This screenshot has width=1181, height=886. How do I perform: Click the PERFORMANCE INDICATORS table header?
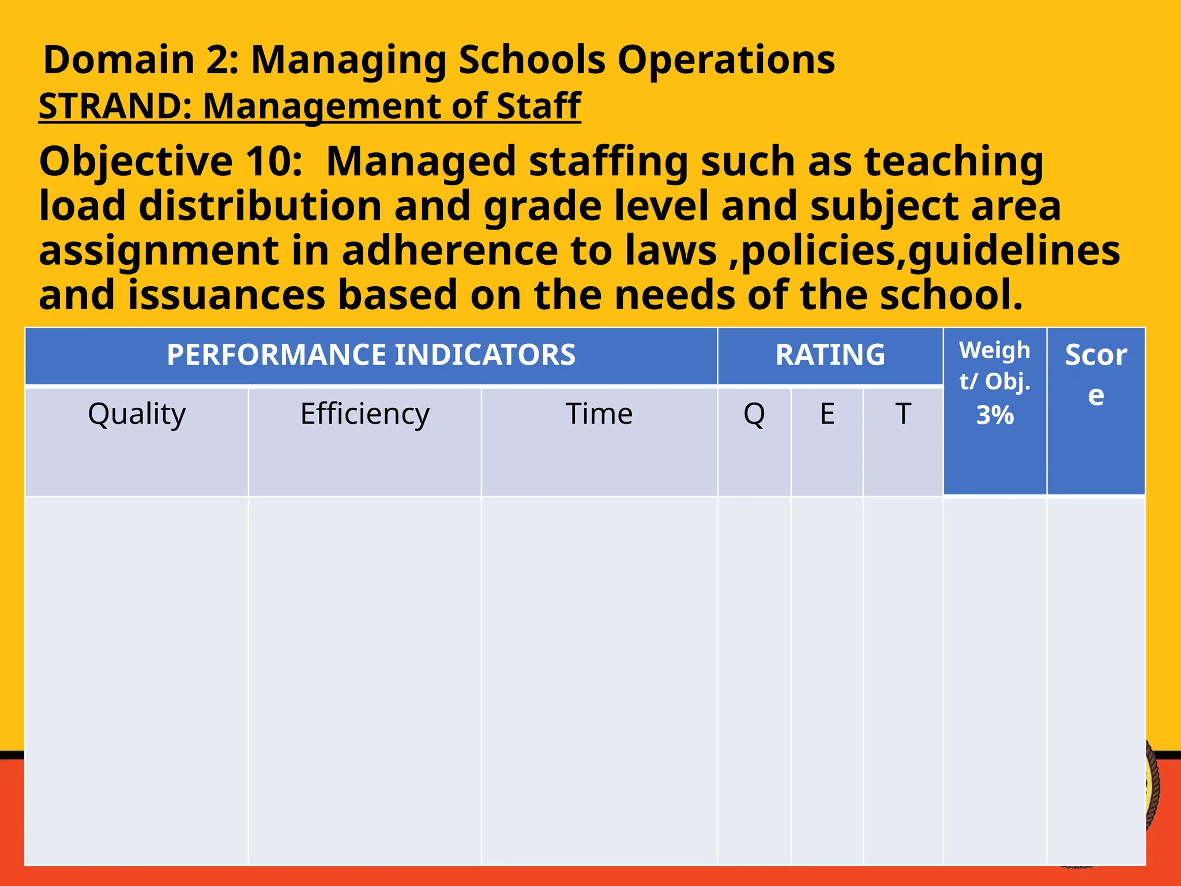tap(371, 355)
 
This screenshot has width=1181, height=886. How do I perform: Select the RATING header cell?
tap(830, 355)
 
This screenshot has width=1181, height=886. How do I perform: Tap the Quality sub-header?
tap(137, 414)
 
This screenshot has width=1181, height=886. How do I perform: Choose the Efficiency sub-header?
tap(364, 414)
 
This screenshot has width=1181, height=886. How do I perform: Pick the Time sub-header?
tap(599, 414)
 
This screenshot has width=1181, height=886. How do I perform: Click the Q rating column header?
tap(754, 414)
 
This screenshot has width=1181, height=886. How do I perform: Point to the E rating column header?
tap(827, 414)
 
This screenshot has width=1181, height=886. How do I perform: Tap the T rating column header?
tap(902, 414)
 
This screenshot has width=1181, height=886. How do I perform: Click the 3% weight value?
tap(995, 415)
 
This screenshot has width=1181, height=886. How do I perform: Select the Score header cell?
tap(1096, 375)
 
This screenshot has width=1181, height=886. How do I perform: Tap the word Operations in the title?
tap(725, 60)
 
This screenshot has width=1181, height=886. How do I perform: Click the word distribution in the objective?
tap(260, 206)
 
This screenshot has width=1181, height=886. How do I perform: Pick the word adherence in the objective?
tap(450, 251)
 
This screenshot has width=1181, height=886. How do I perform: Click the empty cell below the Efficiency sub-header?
tap(364, 681)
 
